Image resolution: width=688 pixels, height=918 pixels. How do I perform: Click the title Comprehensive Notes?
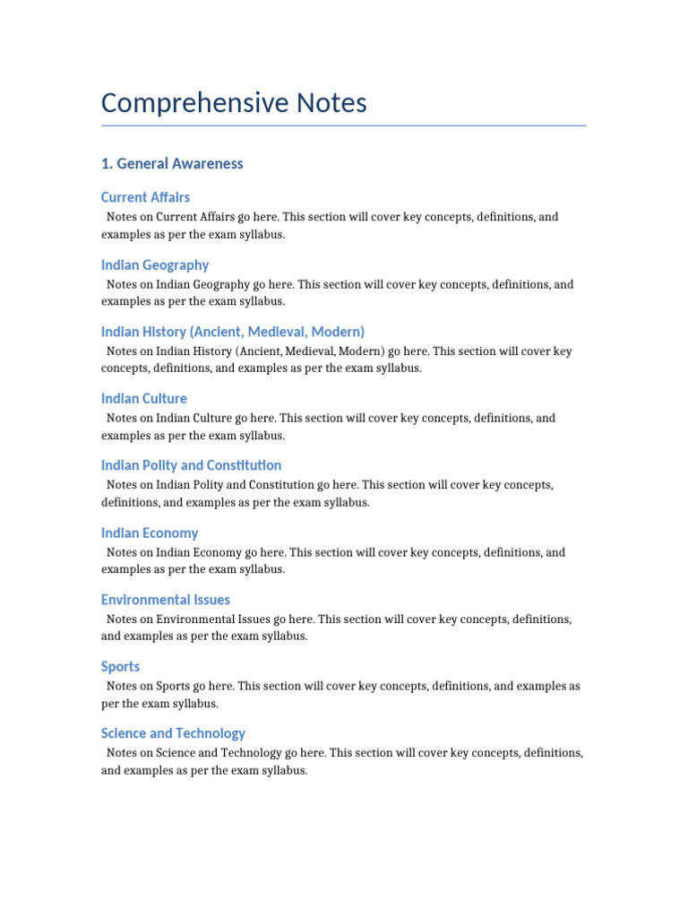tap(234, 103)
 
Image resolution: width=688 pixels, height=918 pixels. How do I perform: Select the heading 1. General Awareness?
tap(172, 163)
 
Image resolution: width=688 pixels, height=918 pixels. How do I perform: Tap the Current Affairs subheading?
tap(145, 197)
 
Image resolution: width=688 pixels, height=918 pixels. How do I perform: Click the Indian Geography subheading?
tap(155, 264)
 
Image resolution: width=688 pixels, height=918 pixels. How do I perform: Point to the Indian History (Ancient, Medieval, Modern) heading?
tap(233, 332)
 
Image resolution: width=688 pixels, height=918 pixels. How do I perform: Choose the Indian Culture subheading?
tap(144, 398)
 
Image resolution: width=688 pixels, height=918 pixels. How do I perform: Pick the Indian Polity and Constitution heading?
tap(191, 465)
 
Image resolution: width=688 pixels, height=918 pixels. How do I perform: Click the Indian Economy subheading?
tap(150, 533)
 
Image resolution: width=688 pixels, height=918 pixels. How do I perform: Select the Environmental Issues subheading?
tap(166, 600)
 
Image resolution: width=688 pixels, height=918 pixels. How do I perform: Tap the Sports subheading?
tap(120, 666)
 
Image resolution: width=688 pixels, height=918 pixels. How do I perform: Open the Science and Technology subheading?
tap(173, 733)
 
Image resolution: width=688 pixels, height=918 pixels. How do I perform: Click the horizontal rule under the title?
tap(343, 126)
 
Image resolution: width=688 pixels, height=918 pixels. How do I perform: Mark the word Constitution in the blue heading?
tap(244, 465)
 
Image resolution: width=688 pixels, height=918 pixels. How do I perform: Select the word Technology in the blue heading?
tap(213, 733)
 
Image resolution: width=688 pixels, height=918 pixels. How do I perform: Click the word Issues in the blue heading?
tap(211, 600)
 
